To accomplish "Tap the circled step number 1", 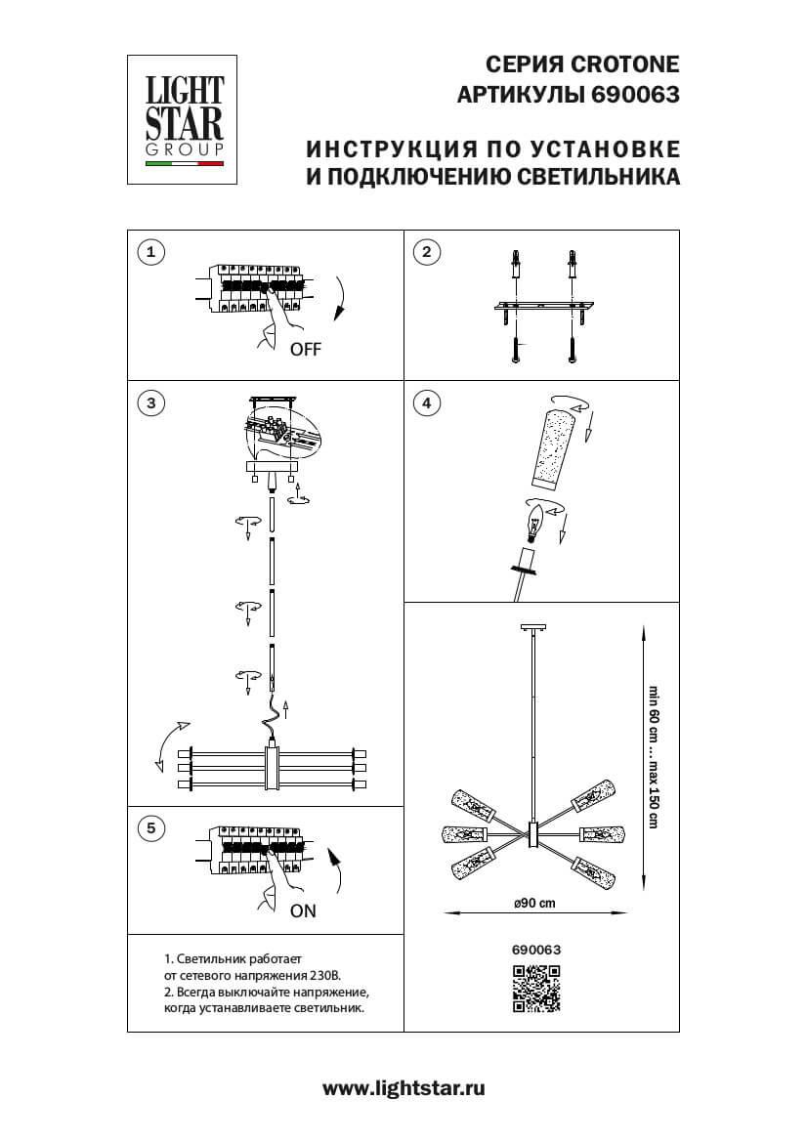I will pos(149,253).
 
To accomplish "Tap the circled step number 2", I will pos(426,253).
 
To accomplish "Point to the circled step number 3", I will pos(149,402).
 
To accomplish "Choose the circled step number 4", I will pos(426,402).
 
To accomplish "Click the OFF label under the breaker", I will pos(305,350).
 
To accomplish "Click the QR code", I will pos(536,988).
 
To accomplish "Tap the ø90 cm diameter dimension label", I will pos(534,903).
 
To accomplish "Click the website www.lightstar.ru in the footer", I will pos(403,1087).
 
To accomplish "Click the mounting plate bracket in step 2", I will pos(542,310).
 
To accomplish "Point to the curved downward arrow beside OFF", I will pos(340,298).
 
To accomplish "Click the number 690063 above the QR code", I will pos(536,948).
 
